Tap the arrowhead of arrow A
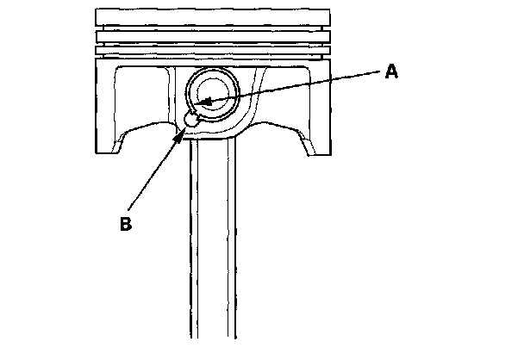pos(201,104)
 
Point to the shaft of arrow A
pos(293,89)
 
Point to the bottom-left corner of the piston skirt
pos(97,152)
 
